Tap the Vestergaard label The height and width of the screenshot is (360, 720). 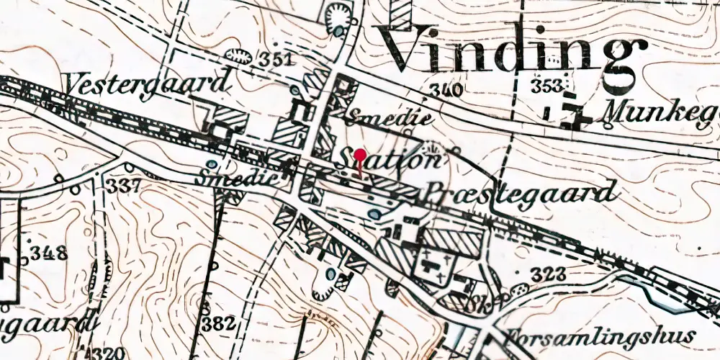(x=149, y=84)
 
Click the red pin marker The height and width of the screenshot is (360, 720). (x=360, y=156)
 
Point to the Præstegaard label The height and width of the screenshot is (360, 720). (x=523, y=192)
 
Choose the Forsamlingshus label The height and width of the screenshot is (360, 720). (x=601, y=336)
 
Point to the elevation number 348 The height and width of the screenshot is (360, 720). (x=48, y=253)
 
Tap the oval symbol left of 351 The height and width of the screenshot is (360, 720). (x=235, y=55)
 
